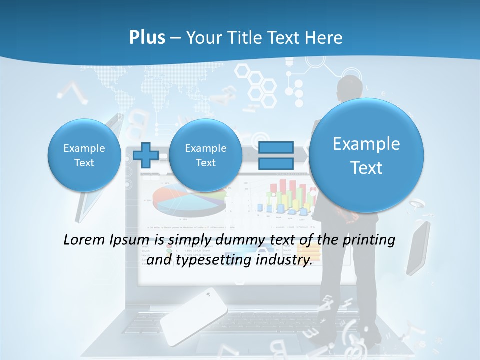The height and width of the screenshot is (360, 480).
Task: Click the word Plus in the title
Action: pyautogui.click(x=147, y=38)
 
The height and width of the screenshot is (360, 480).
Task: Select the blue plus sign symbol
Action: pyautogui.click(x=145, y=155)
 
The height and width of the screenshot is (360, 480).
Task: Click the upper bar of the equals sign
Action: pyautogui.click(x=275, y=147)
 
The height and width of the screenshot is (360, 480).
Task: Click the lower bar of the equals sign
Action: pyautogui.click(x=275, y=163)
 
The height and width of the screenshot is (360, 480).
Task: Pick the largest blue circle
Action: pyautogui.click(x=366, y=155)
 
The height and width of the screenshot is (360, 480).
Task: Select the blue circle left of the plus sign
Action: pyautogui.click(x=84, y=155)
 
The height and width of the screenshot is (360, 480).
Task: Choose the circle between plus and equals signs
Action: pyautogui.click(x=205, y=155)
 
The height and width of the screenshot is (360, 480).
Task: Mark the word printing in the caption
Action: pyautogui.click(x=369, y=240)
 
